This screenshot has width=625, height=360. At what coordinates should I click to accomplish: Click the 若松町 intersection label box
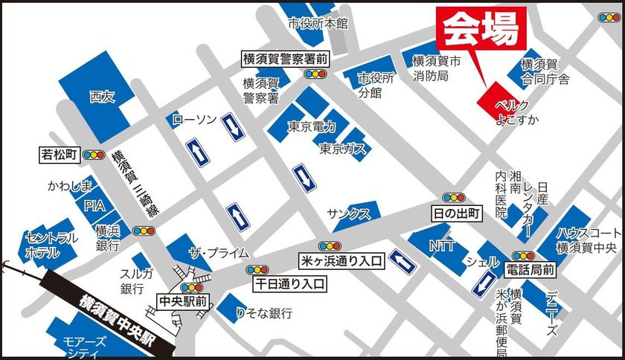(60, 155)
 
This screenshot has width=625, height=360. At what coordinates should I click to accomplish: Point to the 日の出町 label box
(457, 213)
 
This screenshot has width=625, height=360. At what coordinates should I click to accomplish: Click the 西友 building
(102, 96)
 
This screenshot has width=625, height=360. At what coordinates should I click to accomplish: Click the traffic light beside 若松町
(94, 155)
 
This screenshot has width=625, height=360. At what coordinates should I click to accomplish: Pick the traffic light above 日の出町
(453, 198)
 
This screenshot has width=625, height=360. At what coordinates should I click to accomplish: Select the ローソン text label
(194, 119)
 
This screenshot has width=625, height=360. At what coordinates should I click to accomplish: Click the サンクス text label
(348, 214)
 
